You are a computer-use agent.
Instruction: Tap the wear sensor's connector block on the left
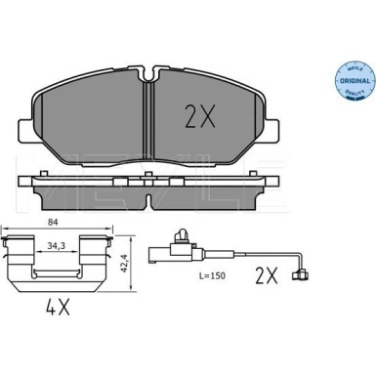pos(177,258)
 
